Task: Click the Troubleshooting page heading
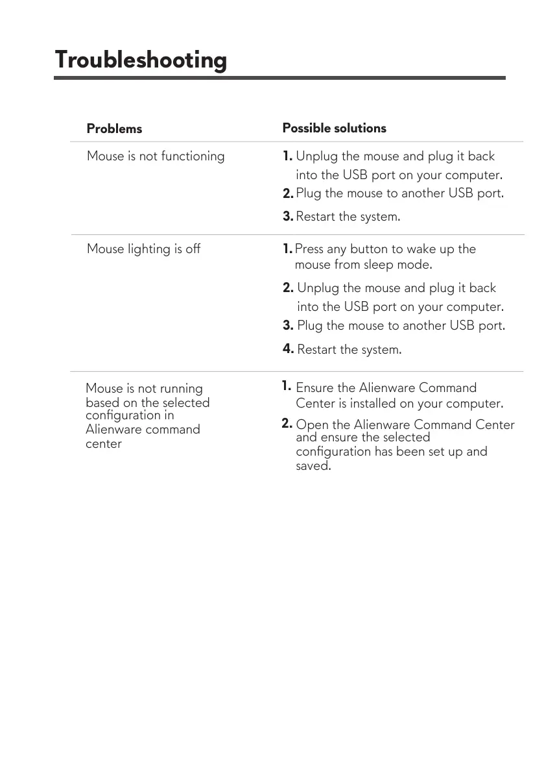pyautogui.click(x=141, y=60)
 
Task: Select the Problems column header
pyautogui.click(x=114, y=129)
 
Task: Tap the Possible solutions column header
pyautogui.click(x=334, y=128)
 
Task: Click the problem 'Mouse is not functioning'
pyautogui.click(x=156, y=156)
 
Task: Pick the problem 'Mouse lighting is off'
pyautogui.click(x=143, y=249)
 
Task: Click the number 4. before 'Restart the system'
pyautogui.click(x=289, y=349)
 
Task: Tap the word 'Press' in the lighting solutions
pyautogui.click(x=309, y=249)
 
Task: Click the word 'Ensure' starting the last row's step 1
pyautogui.click(x=315, y=388)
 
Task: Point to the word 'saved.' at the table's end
pyautogui.click(x=313, y=466)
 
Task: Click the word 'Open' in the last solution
pyautogui.click(x=312, y=425)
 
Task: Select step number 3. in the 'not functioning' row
pyautogui.click(x=288, y=216)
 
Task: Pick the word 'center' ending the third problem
pyautogui.click(x=104, y=444)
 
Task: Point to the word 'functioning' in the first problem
pyautogui.click(x=193, y=156)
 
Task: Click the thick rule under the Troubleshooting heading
pyautogui.click(x=279, y=78)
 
